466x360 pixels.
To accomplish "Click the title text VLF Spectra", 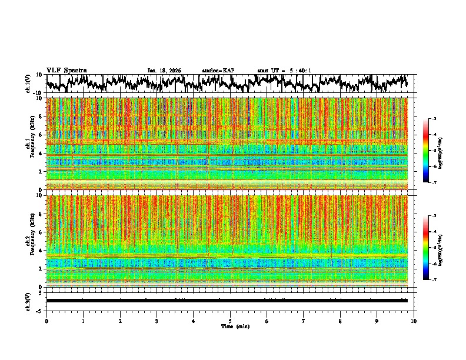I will [x=66, y=70].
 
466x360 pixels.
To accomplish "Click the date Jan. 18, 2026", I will [x=164, y=71].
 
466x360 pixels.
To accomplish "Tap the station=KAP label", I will [x=218, y=71].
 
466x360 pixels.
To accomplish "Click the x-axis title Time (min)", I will [x=235, y=326].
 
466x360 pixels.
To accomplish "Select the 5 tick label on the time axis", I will [x=230, y=321].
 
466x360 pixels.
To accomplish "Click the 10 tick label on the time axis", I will [x=414, y=321].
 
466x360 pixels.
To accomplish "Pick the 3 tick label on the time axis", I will [x=157, y=321].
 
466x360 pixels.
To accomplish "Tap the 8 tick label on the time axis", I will [x=340, y=321].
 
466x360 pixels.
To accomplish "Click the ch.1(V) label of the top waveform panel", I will [x=28, y=84].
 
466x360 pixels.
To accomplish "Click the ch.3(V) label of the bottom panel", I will [x=28, y=301].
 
